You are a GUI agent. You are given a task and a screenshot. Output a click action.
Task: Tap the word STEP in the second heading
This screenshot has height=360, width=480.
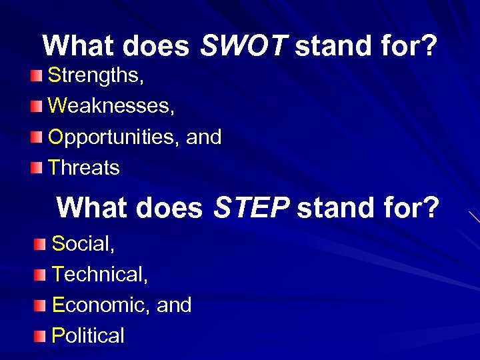251,207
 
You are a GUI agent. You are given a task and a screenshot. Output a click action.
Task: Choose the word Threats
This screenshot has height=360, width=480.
84,168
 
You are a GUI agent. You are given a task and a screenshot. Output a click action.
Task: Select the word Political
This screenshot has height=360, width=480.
88,335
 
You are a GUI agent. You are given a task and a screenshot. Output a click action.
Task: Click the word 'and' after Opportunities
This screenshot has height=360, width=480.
205,137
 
